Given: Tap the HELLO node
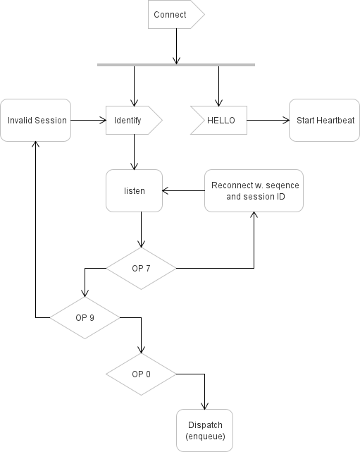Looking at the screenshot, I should [x=219, y=121].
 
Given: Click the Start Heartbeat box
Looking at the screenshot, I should [x=324, y=121].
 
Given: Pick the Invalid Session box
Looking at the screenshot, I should [x=36, y=121].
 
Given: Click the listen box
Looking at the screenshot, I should [x=135, y=190].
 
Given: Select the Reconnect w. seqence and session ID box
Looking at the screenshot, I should [x=254, y=190].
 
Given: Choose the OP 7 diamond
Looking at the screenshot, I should [x=141, y=269].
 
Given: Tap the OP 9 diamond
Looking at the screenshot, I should [x=85, y=317].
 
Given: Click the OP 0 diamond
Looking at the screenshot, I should [x=141, y=374].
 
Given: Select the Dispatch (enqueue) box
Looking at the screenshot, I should [x=205, y=430].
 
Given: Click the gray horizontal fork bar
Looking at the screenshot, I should [x=175, y=65].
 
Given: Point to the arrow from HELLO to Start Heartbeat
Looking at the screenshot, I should [x=268, y=121].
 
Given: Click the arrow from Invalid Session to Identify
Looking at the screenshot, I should [x=88, y=121].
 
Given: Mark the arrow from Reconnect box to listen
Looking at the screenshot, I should [x=183, y=190].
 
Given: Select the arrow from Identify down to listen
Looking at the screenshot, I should [x=134, y=152].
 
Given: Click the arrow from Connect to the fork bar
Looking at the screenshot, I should [x=175, y=46].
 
